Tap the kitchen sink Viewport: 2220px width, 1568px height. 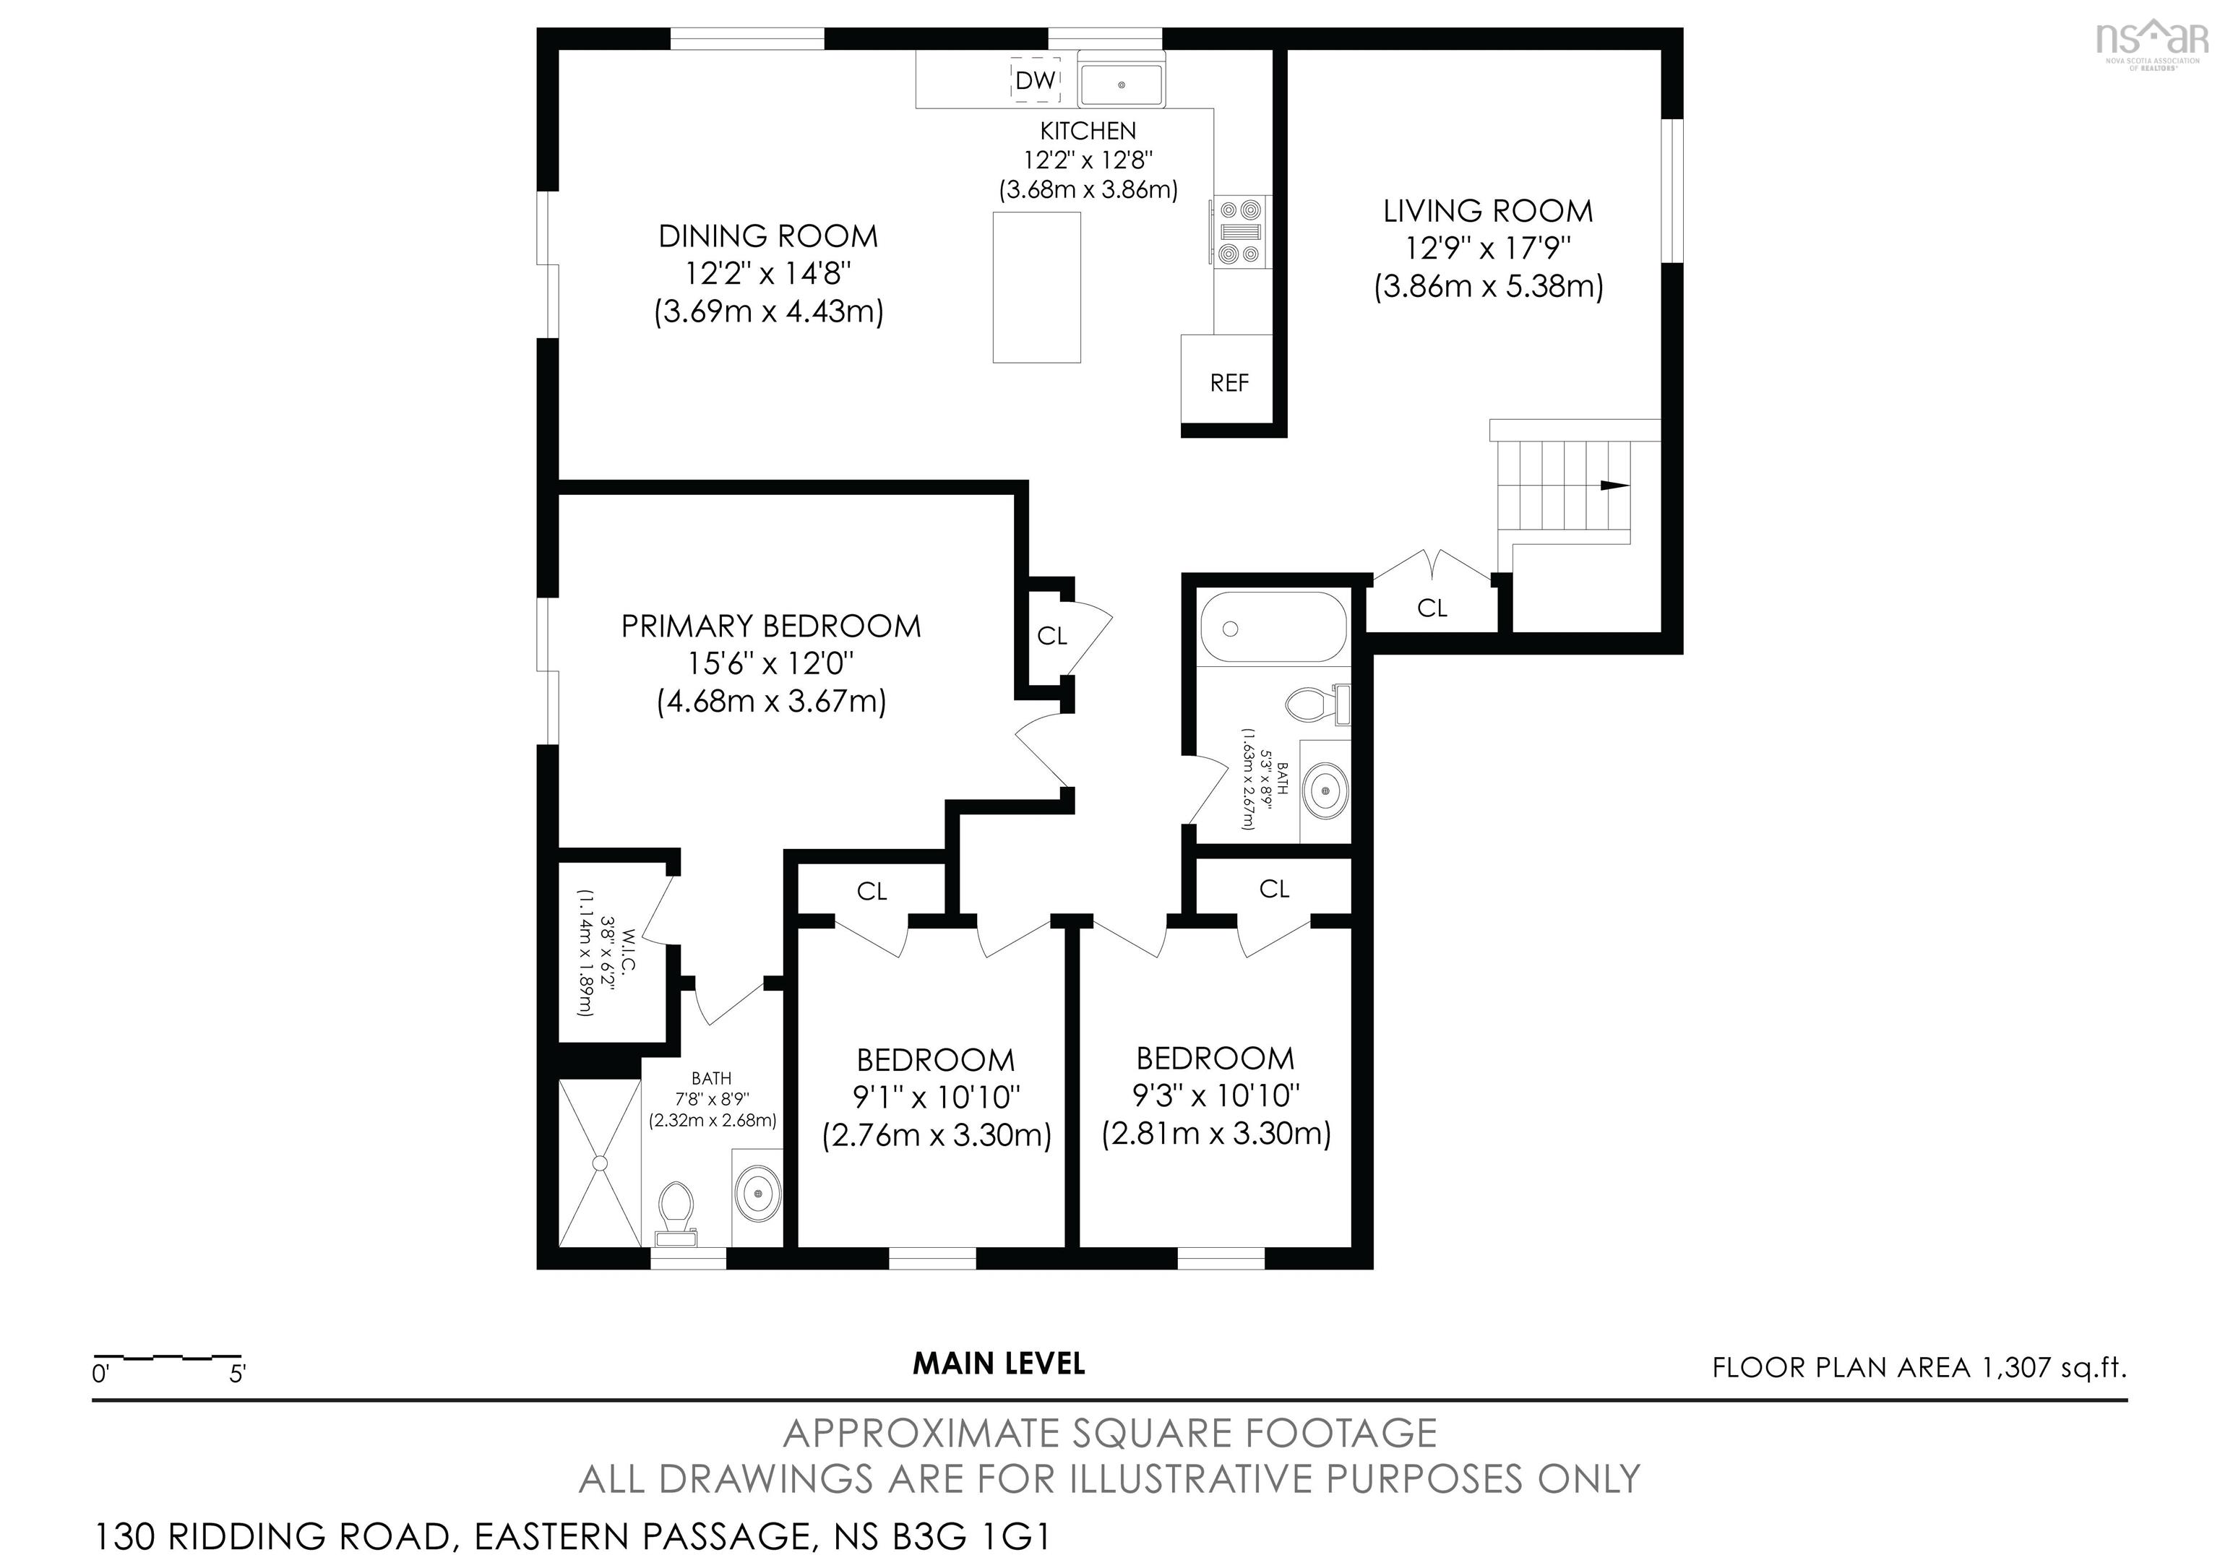pyautogui.click(x=1122, y=84)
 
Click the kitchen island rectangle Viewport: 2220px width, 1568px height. pyautogui.click(x=1036, y=287)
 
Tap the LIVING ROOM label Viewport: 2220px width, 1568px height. pyautogui.click(x=1488, y=211)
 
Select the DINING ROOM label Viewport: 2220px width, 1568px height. pyautogui.click(x=767, y=236)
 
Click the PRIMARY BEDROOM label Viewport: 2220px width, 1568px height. pyautogui.click(x=770, y=626)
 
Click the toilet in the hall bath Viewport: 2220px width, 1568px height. pyautogui.click(x=1318, y=704)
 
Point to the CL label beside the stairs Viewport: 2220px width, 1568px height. pyautogui.click(x=1432, y=608)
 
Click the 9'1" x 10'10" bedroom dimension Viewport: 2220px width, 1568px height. pyautogui.click(x=936, y=1097)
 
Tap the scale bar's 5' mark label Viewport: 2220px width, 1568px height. pyautogui.click(x=238, y=1374)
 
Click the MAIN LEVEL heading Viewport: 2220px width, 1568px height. pyautogui.click(x=999, y=1364)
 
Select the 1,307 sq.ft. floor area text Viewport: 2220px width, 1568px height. pyautogui.click(x=2054, y=1368)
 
